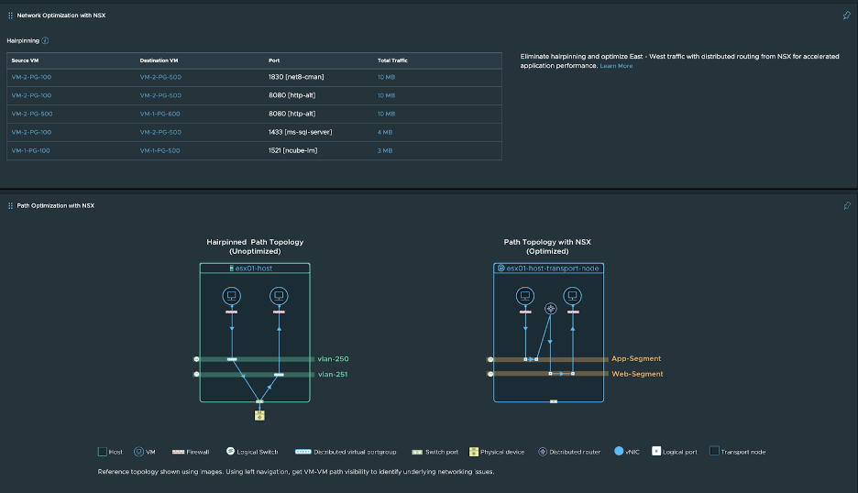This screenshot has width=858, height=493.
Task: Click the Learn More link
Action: (616, 66)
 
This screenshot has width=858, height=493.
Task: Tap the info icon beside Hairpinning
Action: (46, 40)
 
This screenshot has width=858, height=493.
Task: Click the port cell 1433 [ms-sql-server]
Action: (301, 132)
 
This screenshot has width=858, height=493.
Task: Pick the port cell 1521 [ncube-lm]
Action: (293, 150)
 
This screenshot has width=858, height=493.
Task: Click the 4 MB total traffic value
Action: (385, 132)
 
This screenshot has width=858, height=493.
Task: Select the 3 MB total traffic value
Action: (385, 150)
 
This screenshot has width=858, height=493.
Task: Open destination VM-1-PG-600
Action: (160, 114)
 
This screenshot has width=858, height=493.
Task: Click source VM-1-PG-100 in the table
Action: (31, 150)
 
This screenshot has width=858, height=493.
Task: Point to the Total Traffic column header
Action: (392, 60)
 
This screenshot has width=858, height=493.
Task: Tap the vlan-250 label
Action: (333, 359)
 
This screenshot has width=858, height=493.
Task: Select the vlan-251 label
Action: (333, 374)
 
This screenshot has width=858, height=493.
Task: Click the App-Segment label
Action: (636, 358)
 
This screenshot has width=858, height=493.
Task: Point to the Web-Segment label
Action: (637, 374)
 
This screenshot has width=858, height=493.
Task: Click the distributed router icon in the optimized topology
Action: (550, 309)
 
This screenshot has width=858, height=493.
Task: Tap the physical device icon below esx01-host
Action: (259, 415)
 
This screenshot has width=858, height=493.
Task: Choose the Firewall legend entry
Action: (191, 451)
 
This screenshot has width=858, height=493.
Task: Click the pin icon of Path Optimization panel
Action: (846, 205)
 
